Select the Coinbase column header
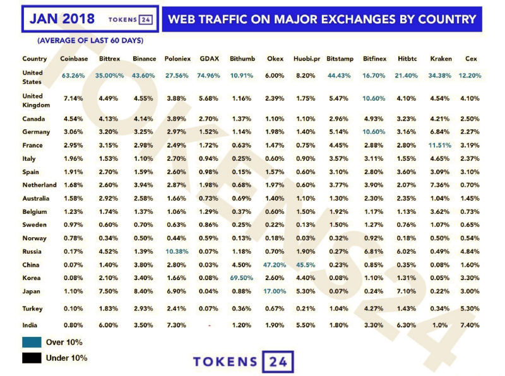(x=73, y=59)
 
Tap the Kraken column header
(x=441, y=59)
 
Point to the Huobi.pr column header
(x=307, y=59)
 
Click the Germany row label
(x=35, y=131)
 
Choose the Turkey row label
(x=33, y=308)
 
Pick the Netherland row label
(x=39, y=185)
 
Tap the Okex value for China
(x=275, y=264)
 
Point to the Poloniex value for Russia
(x=176, y=251)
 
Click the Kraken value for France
(x=441, y=145)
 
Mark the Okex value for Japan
(x=275, y=291)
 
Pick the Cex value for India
(x=472, y=325)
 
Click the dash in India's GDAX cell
(x=209, y=326)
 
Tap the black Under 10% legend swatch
(x=30, y=358)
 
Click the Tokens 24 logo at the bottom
(x=243, y=362)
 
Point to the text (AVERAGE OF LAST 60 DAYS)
(x=90, y=40)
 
